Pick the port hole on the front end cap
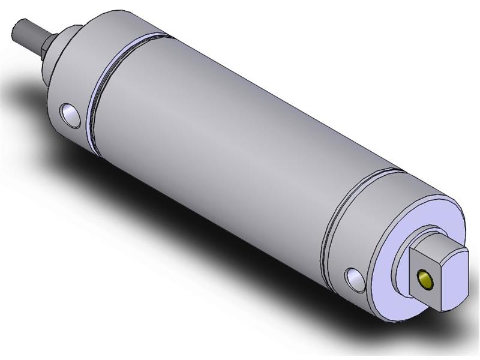point(70,115)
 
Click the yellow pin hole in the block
point(425,278)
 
